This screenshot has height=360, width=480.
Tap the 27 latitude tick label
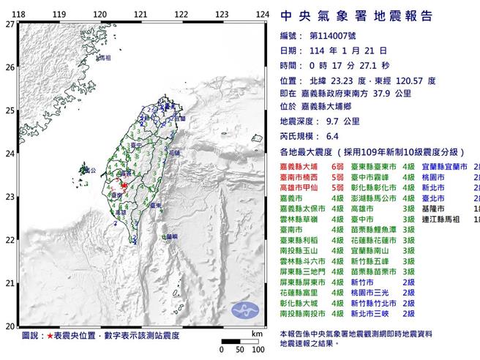pos(10,24)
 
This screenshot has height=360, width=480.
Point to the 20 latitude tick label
pos(10,326)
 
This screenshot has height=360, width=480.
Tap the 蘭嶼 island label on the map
pos(170,236)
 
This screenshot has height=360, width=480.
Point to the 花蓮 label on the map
pos(175,154)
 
